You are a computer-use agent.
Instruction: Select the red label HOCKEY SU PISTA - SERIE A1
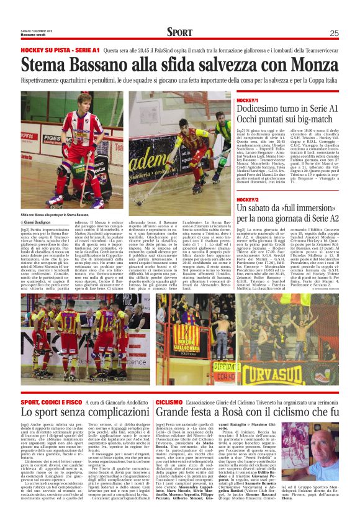(60, 49)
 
